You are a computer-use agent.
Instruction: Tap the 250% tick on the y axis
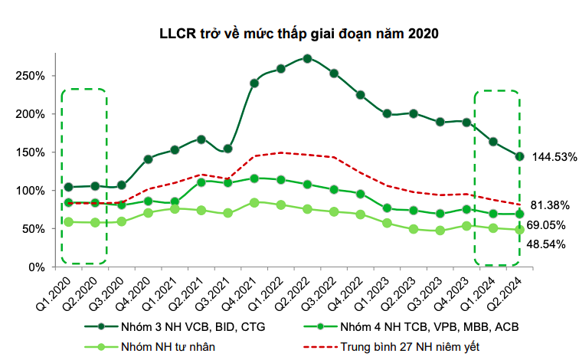click(x=31, y=76)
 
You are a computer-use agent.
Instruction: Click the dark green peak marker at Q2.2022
click(x=307, y=58)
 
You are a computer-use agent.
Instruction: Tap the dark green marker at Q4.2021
click(x=254, y=83)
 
